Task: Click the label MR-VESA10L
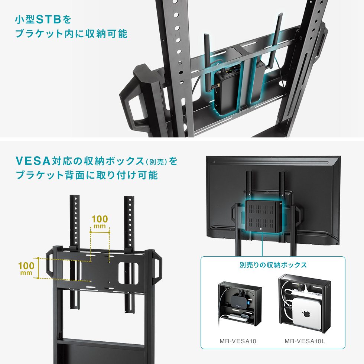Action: click(305, 341)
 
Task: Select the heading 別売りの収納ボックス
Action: click(273, 265)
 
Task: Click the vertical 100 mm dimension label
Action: click(26, 268)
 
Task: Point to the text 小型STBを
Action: click(43, 19)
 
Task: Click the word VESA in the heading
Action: click(33, 161)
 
